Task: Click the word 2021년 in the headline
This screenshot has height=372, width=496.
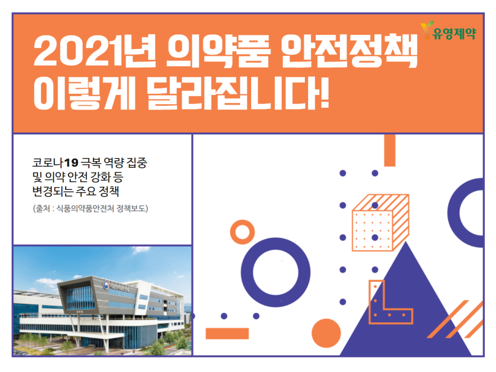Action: coord(94,51)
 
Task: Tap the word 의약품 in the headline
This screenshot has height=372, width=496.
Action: coord(218,51)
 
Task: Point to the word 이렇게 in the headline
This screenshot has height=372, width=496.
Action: coord(84,93)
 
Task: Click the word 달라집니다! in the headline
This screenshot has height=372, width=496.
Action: coord(238,93)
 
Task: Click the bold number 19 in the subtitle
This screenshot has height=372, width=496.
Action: coord(71,163)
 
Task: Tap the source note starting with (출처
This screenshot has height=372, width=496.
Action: coord(90,209)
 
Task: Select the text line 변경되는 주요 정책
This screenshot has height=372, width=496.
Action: coord(75,191)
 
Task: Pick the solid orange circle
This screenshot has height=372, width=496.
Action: coord(326,333)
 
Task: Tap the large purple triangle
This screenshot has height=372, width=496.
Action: coord(406,316)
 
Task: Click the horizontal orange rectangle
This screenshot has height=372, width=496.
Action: coord(227,334)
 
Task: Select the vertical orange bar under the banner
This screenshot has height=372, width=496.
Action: coord(390,150)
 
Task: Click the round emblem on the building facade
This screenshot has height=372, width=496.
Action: coord(106,285)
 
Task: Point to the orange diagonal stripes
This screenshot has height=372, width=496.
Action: coord(455,319)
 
